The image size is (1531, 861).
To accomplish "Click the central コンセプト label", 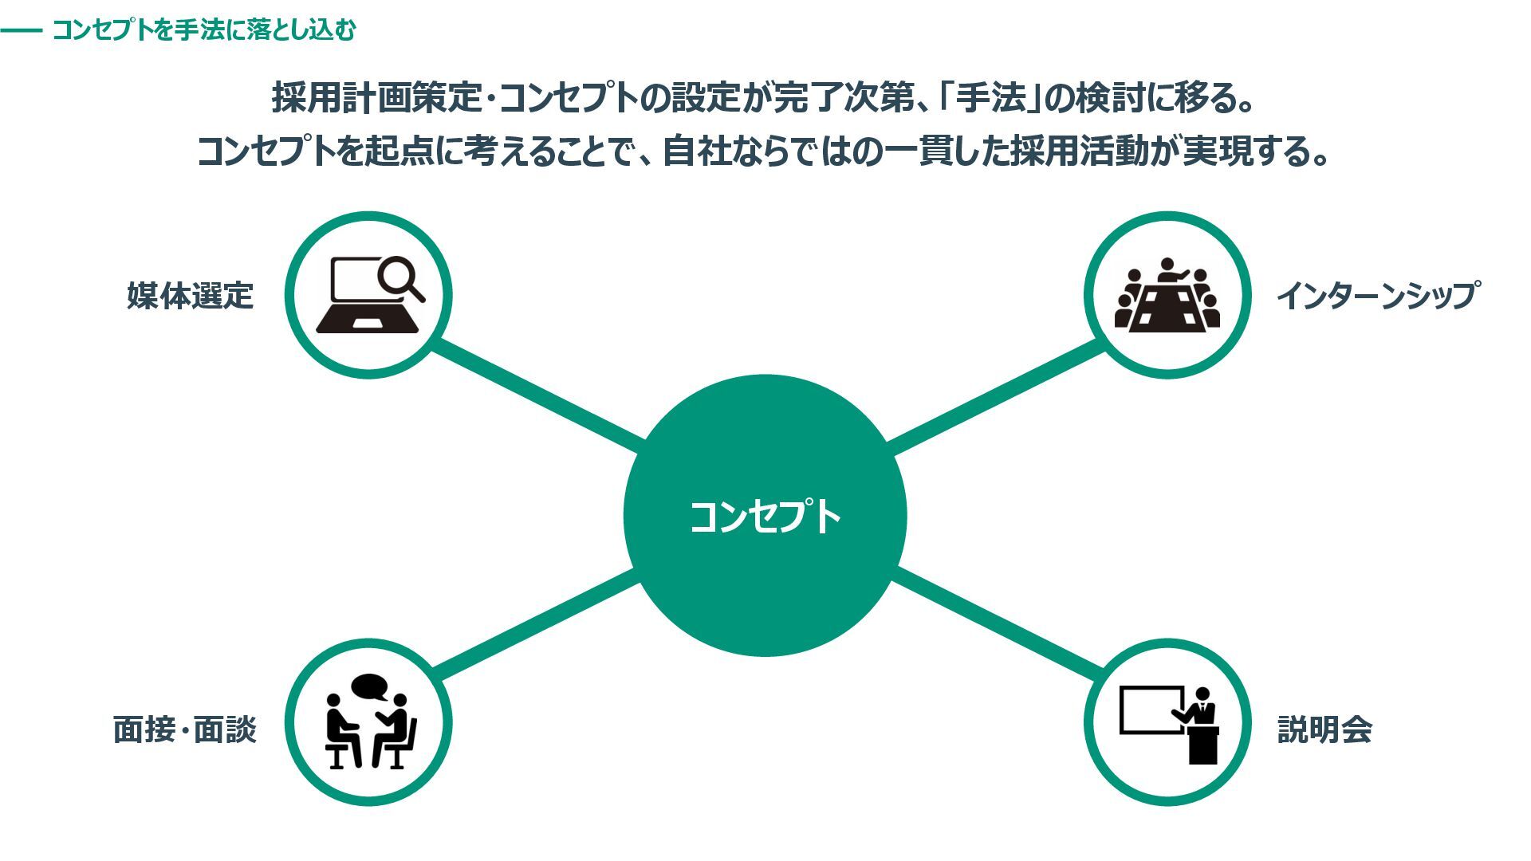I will [x=765, y=517].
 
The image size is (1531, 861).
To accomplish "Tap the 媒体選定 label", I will [x=190, y=296].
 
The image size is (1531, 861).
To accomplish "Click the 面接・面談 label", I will [x=185, y=729].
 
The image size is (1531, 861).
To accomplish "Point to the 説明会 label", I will [x=1324, y=729].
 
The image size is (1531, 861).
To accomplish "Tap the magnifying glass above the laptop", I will [x=400, y=279].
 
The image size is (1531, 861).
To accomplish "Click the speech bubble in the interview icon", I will [x=370, y=686].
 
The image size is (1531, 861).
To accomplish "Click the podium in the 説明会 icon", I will [x=1202, y=745].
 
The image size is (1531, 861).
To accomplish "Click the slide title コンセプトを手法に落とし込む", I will [x=204, y=30].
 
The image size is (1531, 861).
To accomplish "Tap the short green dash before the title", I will [x=21, y=31].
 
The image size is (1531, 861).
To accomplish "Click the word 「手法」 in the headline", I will [x=991, y=99].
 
